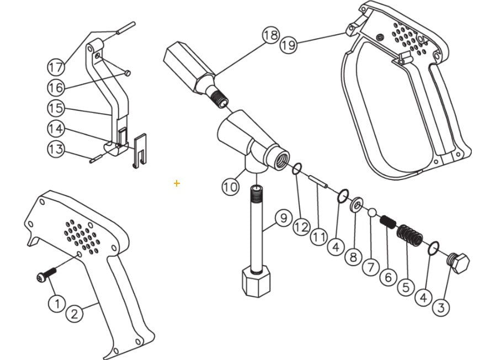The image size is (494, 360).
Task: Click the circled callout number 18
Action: pos(270,36)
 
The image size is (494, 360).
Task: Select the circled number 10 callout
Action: pos(231,187)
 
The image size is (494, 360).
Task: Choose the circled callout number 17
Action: pos(55,67)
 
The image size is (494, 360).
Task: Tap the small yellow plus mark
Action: pos(177,183)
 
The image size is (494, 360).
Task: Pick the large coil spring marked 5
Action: pos(410,235)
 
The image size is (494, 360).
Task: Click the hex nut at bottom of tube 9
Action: pos(257,283)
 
